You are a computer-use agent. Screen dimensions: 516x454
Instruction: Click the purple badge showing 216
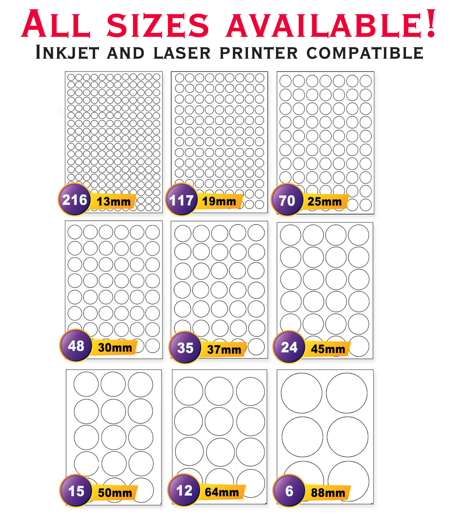[x=74, y=200]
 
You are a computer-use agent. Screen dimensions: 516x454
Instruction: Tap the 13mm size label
[x=113, y=202]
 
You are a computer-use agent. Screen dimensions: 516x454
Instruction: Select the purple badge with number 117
[x=181, y=200]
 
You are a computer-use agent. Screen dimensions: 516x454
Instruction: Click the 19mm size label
[x=219, y=201]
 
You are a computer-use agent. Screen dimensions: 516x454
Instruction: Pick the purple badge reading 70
[x=287, y=200]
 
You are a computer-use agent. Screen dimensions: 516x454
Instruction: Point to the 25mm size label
[x=325, y=202]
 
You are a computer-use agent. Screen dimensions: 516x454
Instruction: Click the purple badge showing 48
[x=76, y=345]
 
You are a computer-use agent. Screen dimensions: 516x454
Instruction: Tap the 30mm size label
[x=115, y=347]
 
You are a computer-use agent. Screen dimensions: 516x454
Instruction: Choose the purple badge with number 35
[x=185, y=348]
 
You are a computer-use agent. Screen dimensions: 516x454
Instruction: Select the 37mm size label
[x=224, y=349]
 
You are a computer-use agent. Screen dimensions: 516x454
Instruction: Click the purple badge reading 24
[x=289, y=347]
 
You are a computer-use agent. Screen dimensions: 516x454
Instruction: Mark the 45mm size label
[x=328, y=349]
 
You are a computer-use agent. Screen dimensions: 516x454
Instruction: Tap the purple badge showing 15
[x=76, y=491]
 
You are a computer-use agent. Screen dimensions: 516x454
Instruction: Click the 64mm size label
[x=222, y=492]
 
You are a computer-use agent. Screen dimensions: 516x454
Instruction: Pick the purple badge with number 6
[x=289, y=491]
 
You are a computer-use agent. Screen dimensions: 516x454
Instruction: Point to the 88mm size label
[x=328, y=493]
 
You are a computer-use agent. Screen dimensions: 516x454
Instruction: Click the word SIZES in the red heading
[x=158, y=25]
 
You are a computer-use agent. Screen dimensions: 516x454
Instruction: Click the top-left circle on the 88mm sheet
[x=301, y=393]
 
